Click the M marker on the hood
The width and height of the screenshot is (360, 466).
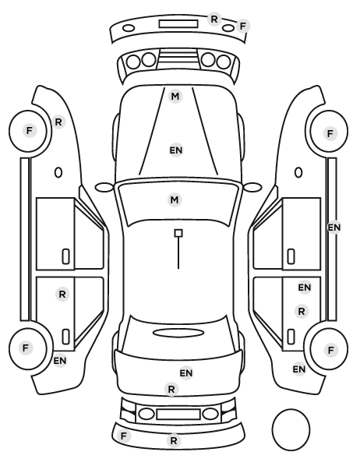click(x=175, y=97)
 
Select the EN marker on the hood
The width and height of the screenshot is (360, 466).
click(x=176, y=150)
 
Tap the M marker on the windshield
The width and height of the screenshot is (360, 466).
click(x=175, y=199)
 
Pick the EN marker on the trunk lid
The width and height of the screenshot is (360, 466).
click(x=186, y=372)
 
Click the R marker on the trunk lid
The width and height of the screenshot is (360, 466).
click(x=171, y=389)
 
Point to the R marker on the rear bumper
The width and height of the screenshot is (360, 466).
click(x=174, y=440)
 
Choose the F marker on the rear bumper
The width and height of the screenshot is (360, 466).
click(x=124, y=436)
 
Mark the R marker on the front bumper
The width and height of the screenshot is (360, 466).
click(x=214, y=19)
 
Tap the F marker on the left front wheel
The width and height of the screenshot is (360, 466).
click(x=29, y=130)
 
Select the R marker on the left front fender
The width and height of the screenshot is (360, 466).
click(x=58, y=122)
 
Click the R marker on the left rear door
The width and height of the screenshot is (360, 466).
click(x=62, y=295)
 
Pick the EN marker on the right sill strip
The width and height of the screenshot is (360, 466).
click(x=334, y=228)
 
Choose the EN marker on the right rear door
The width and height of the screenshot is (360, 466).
click(x=305, y=288)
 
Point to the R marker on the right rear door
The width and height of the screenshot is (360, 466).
click(x=302, y=312)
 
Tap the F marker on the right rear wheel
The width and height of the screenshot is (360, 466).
click(x=330, y=351)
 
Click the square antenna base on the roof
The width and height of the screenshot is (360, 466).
click(x=178, y=233)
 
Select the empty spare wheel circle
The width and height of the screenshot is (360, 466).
click(x=291, y=429)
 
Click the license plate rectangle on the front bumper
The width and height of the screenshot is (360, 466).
click(x=178, y=24)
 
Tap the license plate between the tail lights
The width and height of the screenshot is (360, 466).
click(x=178, y=415)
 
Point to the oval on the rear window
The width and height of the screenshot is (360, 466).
click(x=178, y=333)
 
